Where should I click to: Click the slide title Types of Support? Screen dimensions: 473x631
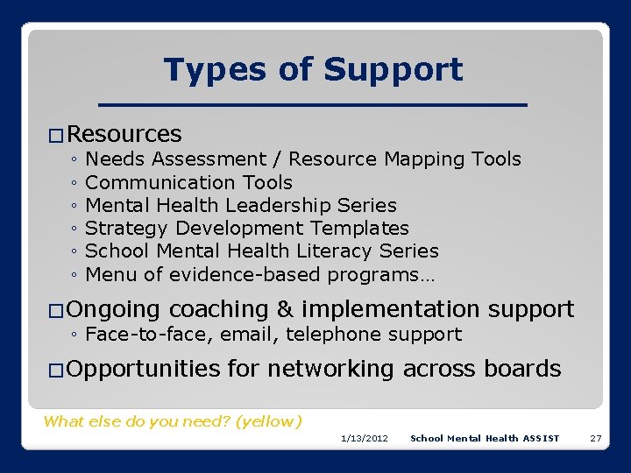click(313, 69)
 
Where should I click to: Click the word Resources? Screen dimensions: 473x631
click(124, 134)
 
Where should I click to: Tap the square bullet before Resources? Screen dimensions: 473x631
click(55, 136)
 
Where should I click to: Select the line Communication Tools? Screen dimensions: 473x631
click(188, 182)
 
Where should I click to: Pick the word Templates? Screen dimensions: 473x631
click(360, 228)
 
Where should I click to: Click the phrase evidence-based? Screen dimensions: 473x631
click(245, 274)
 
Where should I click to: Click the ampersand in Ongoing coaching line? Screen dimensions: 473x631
click(282, 309)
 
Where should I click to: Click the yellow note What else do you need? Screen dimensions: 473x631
click(173, 421)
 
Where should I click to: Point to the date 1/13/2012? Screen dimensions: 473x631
click(365, 438)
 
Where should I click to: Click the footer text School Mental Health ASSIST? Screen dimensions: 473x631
click(485, 438)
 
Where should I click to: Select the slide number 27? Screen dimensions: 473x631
click(595, 438)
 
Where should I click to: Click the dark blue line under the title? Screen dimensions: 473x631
click(313, 105)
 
